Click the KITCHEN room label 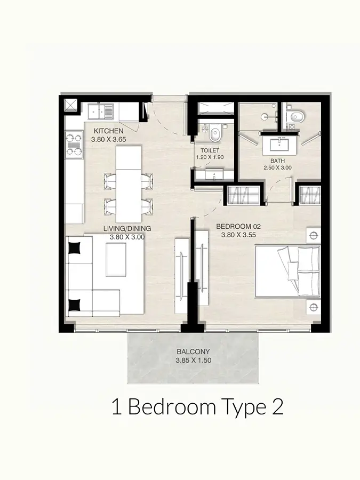pos(108,131)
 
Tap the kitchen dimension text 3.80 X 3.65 pos(109,139)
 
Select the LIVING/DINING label pos(127,228)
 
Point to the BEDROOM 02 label pos(238,227)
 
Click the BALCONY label pos(193,352)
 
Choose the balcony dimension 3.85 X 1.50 pos(194,361)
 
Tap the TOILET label pos(210,150)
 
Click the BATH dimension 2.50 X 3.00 pos(278,168)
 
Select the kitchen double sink pos(101,111)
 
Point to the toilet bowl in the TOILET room pos(215,133)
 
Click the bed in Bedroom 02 pos(287,271)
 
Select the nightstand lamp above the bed pos(313,236)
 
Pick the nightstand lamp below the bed pos(313,307)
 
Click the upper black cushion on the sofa pos(74,248)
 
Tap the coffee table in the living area pos(116,260)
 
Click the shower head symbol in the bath pos(265,117)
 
